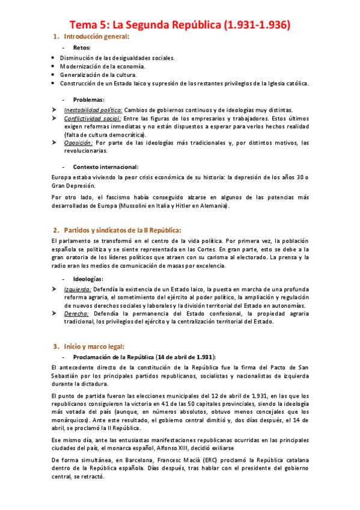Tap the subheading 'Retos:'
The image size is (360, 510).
(82, 48)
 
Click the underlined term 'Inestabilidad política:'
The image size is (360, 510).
(93, 110)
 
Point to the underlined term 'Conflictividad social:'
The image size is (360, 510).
(93, 119)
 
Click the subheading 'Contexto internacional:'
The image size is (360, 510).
(106, 167)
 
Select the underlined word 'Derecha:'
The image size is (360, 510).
(76, 313)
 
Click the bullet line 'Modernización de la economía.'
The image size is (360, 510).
(102, 66)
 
